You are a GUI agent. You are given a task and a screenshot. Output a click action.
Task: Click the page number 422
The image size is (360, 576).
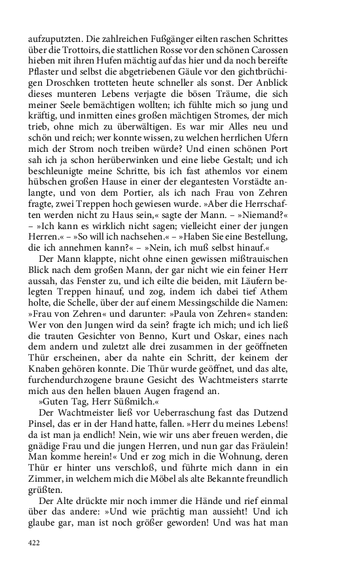point(34,542)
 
